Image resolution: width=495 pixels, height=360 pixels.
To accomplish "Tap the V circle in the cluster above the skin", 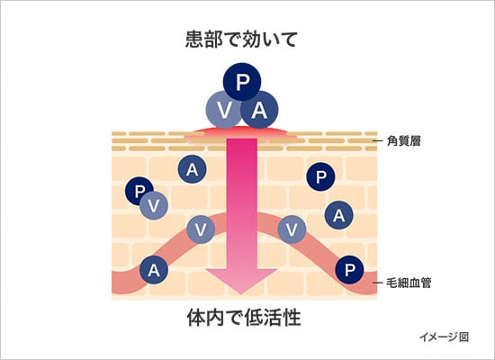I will click(x=222, y=111).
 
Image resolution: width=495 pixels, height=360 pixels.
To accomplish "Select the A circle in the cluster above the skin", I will click(x=260, y=111).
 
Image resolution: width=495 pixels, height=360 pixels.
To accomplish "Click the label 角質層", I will click(x=408, y=140).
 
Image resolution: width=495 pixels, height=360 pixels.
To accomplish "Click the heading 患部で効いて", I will click(x=241, y=39).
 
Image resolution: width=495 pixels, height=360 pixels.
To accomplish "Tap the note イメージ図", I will click(x=445, y=337).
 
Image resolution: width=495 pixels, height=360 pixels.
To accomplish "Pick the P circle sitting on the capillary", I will click(x=350, y=269).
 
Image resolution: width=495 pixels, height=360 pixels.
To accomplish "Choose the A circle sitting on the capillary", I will click(x=154, y=268).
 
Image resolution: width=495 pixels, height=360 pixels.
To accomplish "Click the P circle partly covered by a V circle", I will click(x=138, y=190).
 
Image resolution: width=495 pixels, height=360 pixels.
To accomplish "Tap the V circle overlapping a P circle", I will click(x=154, y=204).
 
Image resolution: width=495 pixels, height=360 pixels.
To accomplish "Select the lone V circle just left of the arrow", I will click(x=201, y=229).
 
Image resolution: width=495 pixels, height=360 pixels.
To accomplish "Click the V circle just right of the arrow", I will click(x=292, y=229).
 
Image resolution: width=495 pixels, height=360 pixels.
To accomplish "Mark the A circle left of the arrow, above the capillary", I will click(x=191, y=168).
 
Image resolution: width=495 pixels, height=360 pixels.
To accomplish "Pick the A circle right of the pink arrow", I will click(x=337, y=214).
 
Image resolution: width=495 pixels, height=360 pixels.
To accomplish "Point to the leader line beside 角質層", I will click(x=381, y=141).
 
